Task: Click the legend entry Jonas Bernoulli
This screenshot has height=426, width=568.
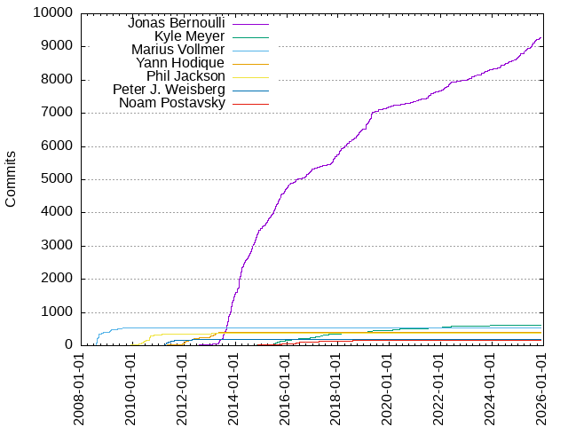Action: (176, 22)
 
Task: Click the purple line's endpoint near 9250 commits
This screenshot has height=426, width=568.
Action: (540, 37)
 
